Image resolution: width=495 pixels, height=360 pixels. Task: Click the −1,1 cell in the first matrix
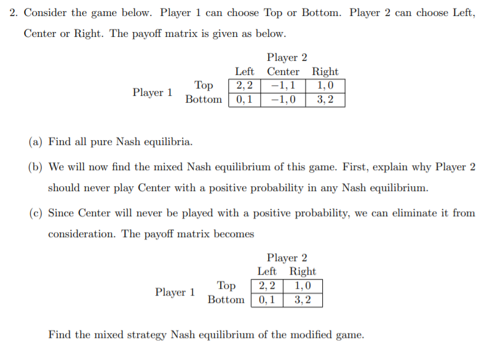[x=283, y=85]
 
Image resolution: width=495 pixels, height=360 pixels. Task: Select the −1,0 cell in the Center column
[x=283, y=100]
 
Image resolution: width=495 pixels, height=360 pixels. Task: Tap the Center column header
[x=283, y=72]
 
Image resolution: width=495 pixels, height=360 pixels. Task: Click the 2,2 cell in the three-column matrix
[x=245, y=85]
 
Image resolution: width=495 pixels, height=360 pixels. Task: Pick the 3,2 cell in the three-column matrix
[x=325, y=100]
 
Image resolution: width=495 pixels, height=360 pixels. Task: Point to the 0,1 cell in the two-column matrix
[x=267, y=300]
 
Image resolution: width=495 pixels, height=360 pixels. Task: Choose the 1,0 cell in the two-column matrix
[x=303, y=286]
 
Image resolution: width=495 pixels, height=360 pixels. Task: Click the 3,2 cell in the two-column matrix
[x=303, y=300]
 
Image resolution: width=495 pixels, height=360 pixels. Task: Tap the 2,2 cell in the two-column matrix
[x=267, y=286]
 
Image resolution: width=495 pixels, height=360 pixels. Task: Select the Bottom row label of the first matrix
[x=204, y=100]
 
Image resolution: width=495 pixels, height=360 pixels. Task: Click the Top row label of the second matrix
[x=226, y=286]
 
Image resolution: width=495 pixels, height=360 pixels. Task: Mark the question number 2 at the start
[x=13, y=13]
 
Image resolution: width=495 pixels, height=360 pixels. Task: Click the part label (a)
[x=35, y=142]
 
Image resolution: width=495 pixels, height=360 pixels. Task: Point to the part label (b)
[x=35, y=167]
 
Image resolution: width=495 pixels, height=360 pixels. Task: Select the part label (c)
[x=36, y=213]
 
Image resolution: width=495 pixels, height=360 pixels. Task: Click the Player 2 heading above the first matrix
[x=287, y=57]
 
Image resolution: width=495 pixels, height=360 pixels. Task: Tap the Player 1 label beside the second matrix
[x=175, y=292]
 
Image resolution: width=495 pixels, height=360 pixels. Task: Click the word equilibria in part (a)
[x=168, y=142]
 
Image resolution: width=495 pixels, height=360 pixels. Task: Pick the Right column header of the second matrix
[x=303, y=272]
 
